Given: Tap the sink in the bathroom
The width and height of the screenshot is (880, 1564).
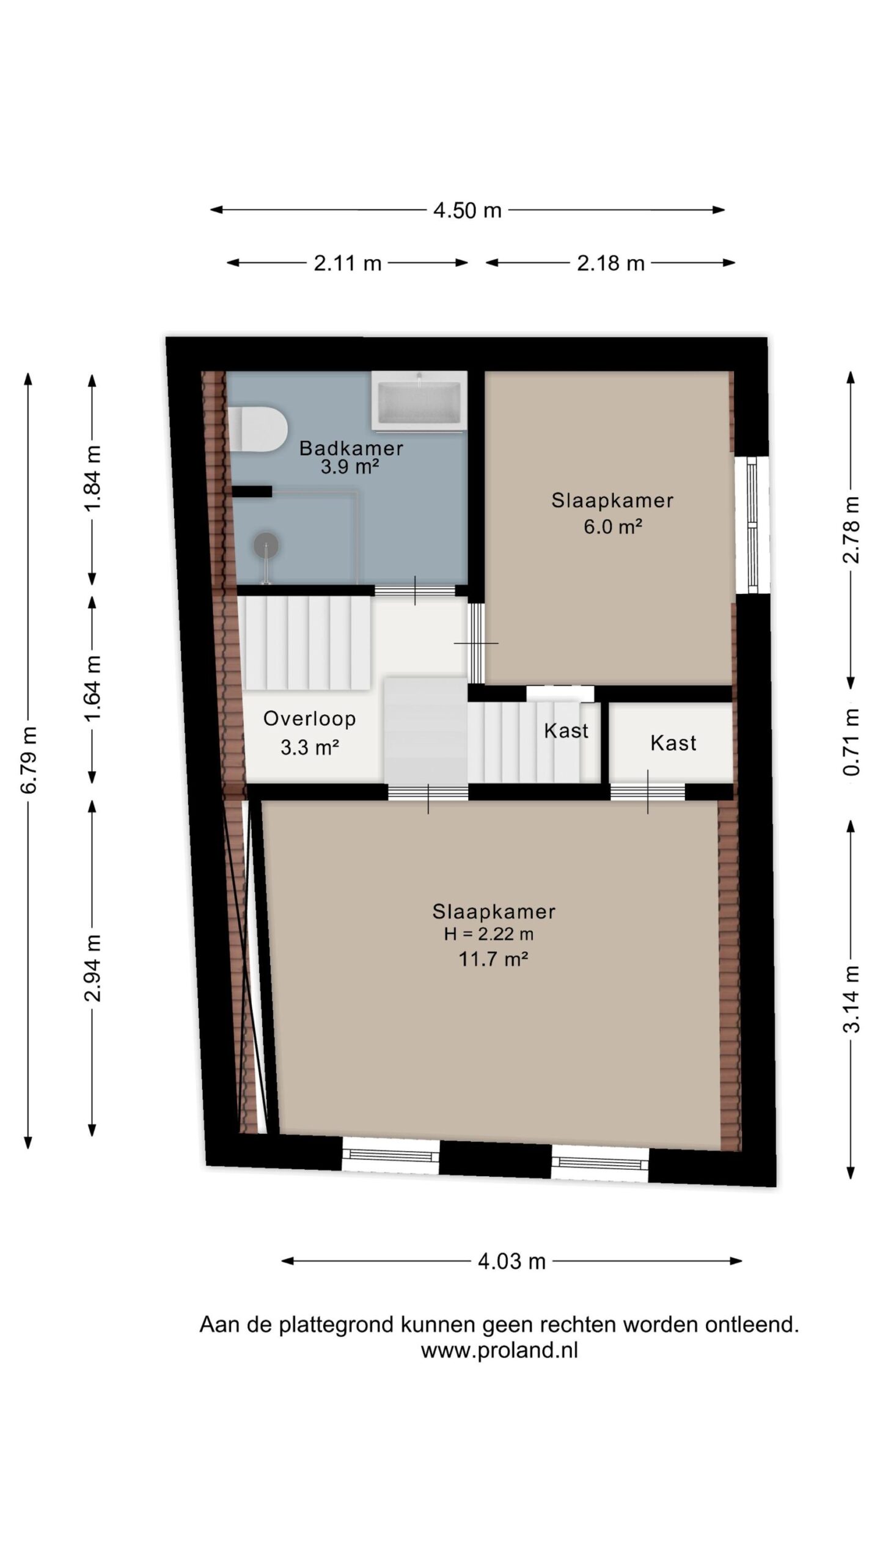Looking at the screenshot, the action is coord(419,400).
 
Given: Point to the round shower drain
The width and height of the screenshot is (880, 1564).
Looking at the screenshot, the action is coord(266,545).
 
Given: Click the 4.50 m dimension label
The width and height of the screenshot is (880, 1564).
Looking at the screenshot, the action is coord(467,211).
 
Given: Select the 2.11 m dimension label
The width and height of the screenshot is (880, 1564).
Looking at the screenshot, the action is coord(348,263).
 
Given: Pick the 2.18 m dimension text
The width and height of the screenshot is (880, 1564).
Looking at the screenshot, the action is coord(610,263).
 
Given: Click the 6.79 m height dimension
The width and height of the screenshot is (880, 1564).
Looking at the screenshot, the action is coord(28,760).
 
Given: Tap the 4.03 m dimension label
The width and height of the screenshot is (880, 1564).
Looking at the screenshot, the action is coord(512,1261).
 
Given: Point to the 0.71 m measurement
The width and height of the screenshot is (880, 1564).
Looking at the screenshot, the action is coord(851,742).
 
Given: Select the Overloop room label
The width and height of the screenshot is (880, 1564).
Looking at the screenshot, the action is coord(309,718).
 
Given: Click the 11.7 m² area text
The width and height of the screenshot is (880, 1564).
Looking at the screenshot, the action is coord(493,959).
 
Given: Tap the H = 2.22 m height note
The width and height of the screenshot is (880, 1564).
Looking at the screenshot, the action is coord(489,934).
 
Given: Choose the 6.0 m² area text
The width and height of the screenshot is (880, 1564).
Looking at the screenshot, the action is coord(612,526).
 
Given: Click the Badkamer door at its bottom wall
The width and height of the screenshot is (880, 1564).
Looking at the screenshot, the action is coord(415,590).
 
